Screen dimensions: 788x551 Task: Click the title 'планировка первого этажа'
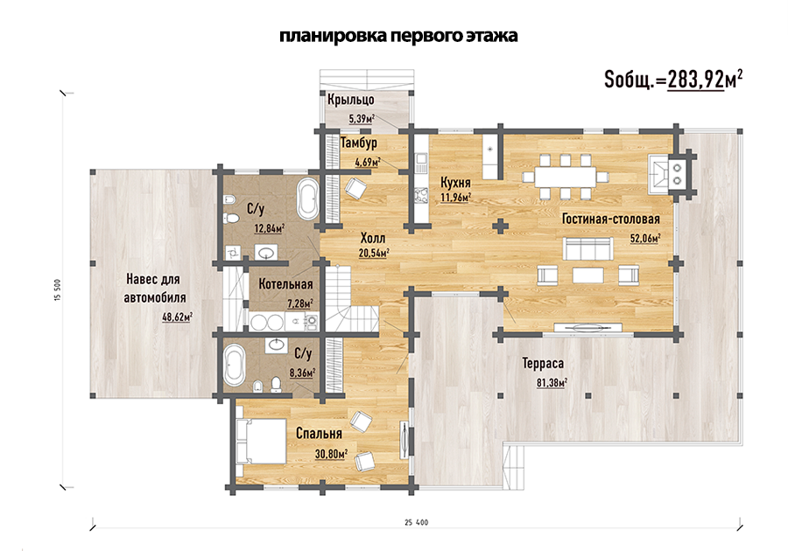click(398, 36)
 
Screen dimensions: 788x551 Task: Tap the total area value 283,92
click(695, 80)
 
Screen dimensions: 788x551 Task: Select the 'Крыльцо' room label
click(351, 100)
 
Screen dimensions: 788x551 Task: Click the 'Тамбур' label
click(359, 143)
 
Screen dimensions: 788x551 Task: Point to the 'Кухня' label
click(455, 182)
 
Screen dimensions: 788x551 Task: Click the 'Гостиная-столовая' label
click(610, 220)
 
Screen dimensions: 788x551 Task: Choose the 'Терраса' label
click(543, 363)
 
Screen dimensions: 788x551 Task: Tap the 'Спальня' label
click(319, 433)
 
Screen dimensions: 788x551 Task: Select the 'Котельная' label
click(285, 284)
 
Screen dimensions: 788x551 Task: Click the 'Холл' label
click(373, 238)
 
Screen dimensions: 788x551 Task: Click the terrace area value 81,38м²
click(552, 383)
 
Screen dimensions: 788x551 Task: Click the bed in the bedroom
click(261, 441)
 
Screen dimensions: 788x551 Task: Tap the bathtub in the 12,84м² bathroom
click(307, 199)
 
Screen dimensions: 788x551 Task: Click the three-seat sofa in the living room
click(587, 248)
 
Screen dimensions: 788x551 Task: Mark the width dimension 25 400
click(417, 522)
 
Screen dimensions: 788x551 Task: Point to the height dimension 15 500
click(57, 290)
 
